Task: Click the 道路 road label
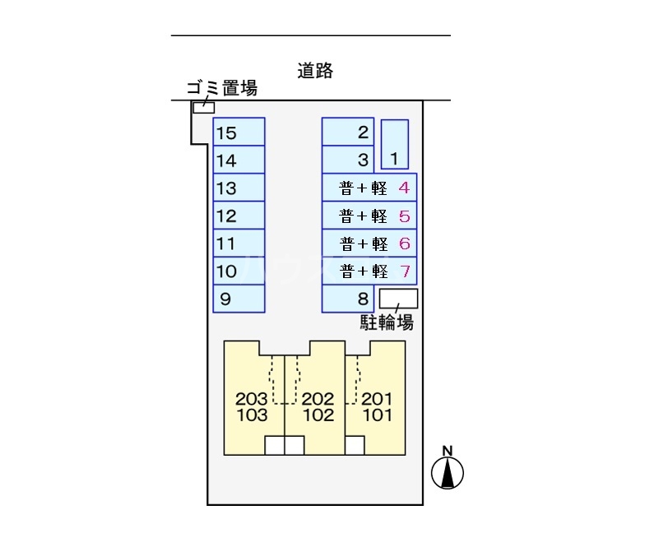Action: click(x=315, y=71)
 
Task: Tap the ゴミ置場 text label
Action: click(x=222, y=88)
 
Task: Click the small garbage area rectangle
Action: click(x=204, y=107)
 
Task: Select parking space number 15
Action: click(x=239, y=132)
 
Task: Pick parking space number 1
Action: click(x=395, y=145)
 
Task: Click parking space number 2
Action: click(x=348, y=132)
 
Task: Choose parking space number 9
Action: click(x=239, y=299)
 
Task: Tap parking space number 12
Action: click(x=239, y=216)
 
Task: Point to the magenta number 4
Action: click(x=404, y=188)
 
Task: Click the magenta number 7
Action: click(x=405, y=271)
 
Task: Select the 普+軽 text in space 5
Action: click(x=364, y=216)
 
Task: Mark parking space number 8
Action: click(x=348, y=299)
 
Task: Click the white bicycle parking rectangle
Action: click(x=398, y=299)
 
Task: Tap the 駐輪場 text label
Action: click(x=387, y=322)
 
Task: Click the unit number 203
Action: click(x=252, y=398)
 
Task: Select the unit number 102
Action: click(x=318, y=415)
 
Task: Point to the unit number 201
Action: click(x=377, y=398)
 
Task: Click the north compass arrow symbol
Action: click(x=448, y=473)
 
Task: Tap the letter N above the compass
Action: click(x=448, y=451)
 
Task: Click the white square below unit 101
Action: click(x=355, y=446)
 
